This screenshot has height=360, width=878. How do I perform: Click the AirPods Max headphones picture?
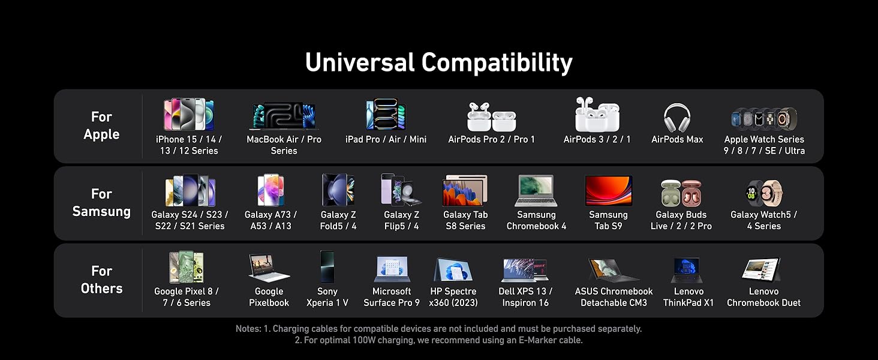(677, 118)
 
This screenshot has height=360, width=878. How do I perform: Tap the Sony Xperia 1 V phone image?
(327, 266)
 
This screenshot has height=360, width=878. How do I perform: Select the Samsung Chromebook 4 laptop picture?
(536, 191)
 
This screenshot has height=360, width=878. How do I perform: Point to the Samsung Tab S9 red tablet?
(608, 191)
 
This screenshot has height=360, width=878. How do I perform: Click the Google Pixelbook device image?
(269, 268)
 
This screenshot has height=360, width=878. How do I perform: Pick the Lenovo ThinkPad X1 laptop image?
(687, 270)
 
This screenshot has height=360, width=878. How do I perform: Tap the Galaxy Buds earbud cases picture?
(681, 193)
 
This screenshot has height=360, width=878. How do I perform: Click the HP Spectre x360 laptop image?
(453, 269)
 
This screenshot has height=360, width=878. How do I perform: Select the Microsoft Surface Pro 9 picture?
(392, 269)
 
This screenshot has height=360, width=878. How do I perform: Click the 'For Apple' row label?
(101, 125)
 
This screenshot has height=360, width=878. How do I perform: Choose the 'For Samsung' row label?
(101, 203)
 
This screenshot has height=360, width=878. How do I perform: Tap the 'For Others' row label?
(101, 280)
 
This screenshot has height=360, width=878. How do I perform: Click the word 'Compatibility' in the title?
(497, 63)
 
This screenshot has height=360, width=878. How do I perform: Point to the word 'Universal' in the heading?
(360, 62)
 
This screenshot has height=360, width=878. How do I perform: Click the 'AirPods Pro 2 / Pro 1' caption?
(492, 139)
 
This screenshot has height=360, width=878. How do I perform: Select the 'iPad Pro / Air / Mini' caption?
(386, 139)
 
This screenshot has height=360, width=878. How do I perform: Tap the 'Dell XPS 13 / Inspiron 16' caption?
(525, 297)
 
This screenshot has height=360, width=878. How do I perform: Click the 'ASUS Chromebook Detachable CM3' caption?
(614, 297)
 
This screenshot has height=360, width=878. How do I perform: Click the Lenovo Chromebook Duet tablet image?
(762, 269)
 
